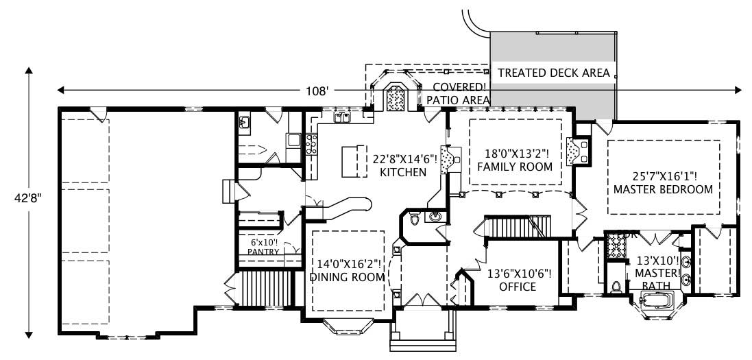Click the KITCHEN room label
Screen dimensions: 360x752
pos(403,172)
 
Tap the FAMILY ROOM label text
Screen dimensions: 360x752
pos(514,167)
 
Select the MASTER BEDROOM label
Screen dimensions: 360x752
pos(663,189)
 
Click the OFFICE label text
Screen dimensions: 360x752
pos(518,287)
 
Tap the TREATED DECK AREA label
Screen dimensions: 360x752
pos(553,73)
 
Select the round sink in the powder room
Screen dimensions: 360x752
pos(434,217)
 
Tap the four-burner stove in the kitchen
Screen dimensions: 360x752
pos(312,145)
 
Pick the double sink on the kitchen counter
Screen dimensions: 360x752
pos(343,117)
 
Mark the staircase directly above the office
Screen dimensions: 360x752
pos(518,226)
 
